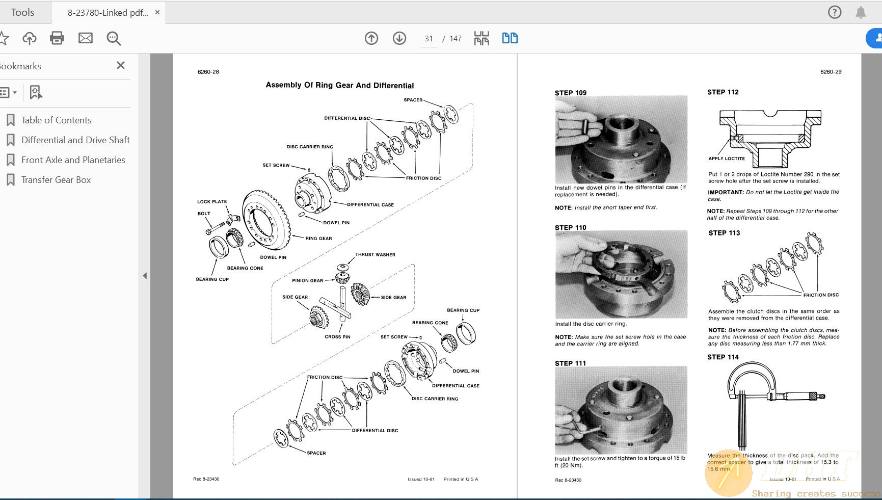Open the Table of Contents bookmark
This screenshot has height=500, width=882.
point(56,120)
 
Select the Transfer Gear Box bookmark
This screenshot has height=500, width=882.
point(56,180)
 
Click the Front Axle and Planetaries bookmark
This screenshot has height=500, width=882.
point(73,160)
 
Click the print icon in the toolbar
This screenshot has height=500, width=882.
point(57,38)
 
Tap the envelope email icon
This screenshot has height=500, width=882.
point(86,38)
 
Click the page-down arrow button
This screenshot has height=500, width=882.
point(399,38)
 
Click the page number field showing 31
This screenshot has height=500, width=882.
point(429,39)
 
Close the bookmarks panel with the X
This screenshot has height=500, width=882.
point(121,65)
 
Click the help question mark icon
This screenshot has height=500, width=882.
point(835,12)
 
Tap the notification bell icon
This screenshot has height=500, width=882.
point(861,12)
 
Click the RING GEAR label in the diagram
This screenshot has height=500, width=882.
point(318,239)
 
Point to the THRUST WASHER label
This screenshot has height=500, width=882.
point(375,255)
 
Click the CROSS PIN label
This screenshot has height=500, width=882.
point(337,337)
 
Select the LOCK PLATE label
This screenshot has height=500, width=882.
point(212,202)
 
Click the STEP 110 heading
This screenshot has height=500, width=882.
point(570,228)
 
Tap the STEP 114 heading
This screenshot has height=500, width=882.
point(723,357)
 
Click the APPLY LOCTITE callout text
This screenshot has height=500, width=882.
point(727,159)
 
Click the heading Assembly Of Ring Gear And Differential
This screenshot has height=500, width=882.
point(340,85)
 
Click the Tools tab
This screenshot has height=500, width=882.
point(23,12)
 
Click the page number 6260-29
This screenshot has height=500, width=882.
point(831,72)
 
